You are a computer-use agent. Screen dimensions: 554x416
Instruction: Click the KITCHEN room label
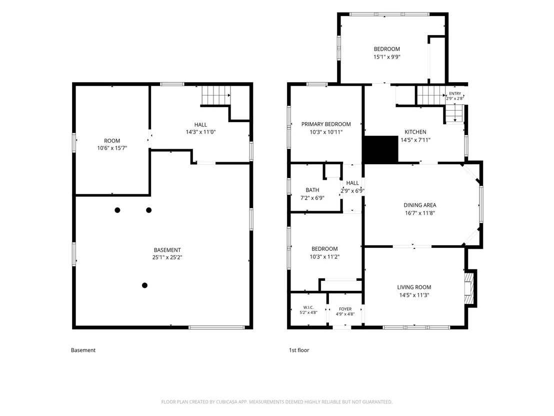(415, 132)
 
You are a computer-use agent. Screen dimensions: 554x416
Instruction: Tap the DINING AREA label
(419, 205)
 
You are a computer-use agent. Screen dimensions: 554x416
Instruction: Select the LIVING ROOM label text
(414, 287)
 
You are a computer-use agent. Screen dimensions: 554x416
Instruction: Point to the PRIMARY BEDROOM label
(326, 124)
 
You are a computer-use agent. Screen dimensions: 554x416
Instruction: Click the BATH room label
(312, 190)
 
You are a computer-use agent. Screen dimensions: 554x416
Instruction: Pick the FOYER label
(345, 309)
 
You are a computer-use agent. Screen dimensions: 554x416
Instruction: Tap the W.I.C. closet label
(308, 307)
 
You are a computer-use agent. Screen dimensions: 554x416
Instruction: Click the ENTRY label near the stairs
(455, 94)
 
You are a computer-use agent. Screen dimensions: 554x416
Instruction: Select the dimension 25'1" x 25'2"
(167, 257)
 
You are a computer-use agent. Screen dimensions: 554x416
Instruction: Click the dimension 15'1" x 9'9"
(387, 57)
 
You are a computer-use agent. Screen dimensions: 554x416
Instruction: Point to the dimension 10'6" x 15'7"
(112, 148)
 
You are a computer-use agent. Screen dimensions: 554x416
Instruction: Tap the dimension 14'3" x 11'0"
(200, 132)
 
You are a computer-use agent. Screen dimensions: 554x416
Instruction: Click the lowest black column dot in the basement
(144, 285)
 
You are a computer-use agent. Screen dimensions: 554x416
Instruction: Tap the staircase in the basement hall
(216, 95)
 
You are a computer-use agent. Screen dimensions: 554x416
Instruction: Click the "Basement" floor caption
(83, 350)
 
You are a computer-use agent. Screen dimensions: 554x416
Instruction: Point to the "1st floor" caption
(299, 350)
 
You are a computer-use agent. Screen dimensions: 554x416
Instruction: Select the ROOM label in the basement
(112, 141)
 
